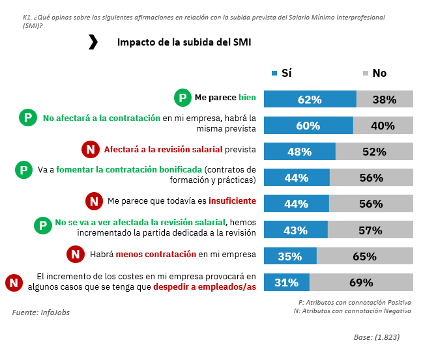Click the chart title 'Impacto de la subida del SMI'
[x=184, y=42]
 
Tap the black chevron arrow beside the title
[x=93, y=42]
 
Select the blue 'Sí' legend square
[x=274, y=73]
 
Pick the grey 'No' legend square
[x=366, y=73]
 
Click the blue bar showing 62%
[x=310, y=100]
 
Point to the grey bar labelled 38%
[x=385, y=100]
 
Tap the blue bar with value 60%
[x=308, y=126]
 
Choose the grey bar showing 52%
[x=374, y=152]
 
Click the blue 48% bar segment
[x=299, y=152]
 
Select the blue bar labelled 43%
[x=295, y=230]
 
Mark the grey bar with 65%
[x=364, y=256]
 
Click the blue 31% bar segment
[x=286, y=283]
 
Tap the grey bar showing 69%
[x=361, y=283]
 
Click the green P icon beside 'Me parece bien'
[x=182, y=98]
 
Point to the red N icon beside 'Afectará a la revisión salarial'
[x=91, y=150]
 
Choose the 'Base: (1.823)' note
[x=377, y=338]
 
